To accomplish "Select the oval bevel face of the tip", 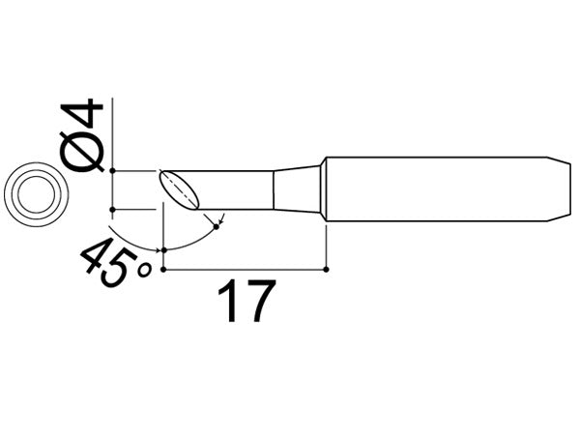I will point(179,188).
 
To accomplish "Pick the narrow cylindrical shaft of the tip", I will point(237,188).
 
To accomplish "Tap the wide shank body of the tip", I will point(435,188).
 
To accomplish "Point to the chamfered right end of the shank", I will point(561,188).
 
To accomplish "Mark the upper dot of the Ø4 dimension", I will point(114,170).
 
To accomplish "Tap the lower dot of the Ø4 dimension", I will point(114,208).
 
